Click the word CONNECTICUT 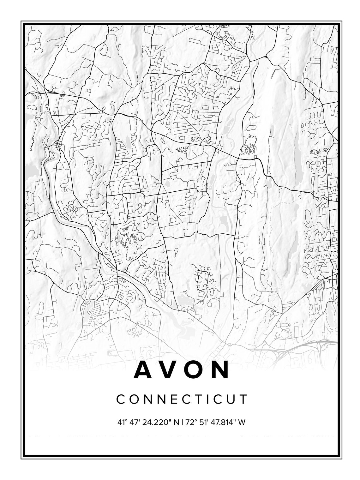point(182,399)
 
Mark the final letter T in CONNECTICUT point(243,399)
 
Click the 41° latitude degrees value point(122,422)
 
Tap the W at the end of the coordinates point(242,422)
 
